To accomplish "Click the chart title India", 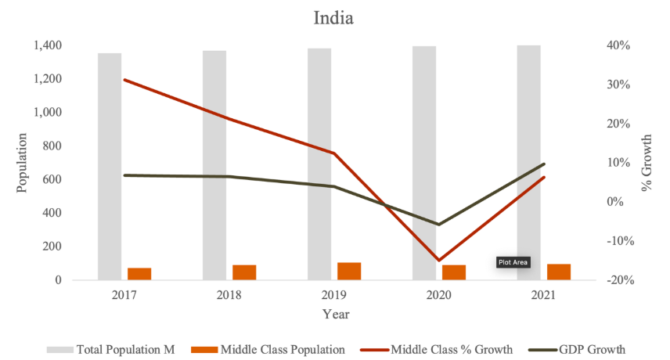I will point(333,17).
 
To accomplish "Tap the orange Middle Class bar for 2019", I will point(349,271).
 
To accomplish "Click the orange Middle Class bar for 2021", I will point(559,272).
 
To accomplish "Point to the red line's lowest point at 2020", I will point(438,260).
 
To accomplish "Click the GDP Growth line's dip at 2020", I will point(438,225).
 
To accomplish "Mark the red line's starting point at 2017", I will point(124,80).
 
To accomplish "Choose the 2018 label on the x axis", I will point(229,296).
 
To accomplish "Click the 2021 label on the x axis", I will point(543,296).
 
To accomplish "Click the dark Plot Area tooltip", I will point(513,263).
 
